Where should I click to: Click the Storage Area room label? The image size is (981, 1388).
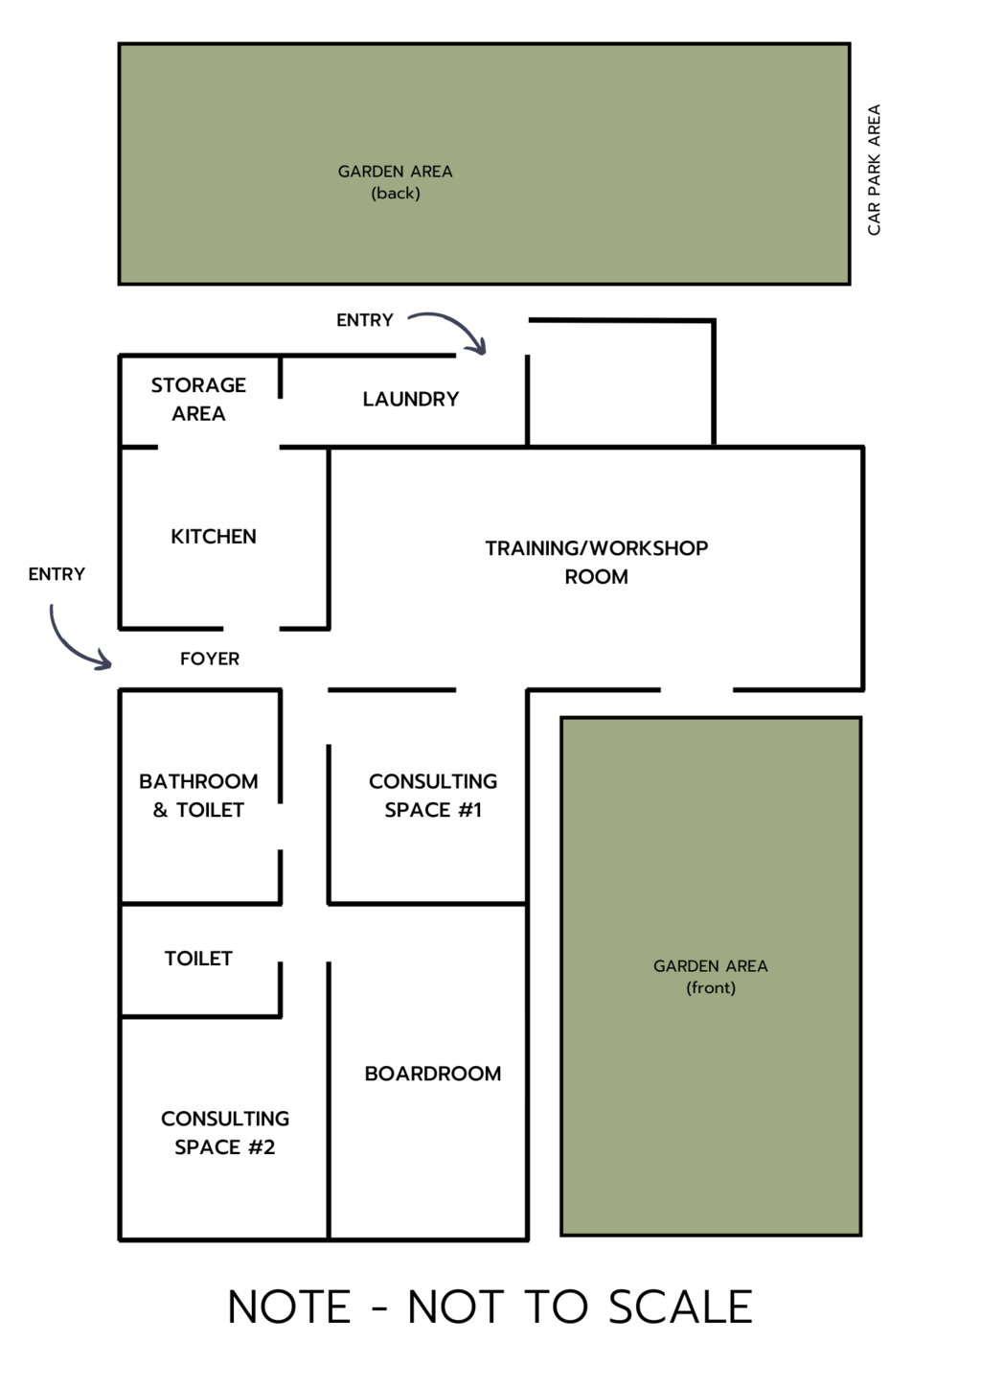198,399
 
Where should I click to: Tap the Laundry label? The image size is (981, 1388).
411,399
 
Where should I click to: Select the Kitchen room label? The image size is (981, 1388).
214,537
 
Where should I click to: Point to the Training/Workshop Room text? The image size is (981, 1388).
597,563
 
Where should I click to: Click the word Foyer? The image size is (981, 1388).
210,659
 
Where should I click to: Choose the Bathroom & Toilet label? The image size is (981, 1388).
198,796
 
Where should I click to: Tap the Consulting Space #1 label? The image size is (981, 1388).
433,796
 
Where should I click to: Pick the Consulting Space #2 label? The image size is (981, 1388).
225,1133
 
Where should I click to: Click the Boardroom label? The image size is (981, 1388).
433,1074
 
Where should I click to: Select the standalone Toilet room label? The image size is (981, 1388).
198,959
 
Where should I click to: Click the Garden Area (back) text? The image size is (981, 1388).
395,182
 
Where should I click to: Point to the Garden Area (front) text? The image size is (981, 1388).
710,976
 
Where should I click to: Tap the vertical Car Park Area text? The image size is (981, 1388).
874,170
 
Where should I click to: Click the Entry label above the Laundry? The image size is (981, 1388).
365,320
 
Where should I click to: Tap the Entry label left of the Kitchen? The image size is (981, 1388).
57,574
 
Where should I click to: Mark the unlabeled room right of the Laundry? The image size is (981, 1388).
621,382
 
